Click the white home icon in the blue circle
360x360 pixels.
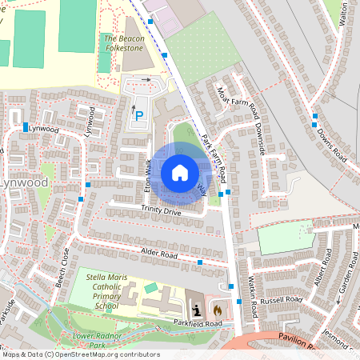click(x=180, y=172)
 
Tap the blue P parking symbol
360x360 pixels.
click(x=139, y=117)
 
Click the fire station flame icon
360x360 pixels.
click(x=216, y=308)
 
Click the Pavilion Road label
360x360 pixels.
click(x=303, y=339)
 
